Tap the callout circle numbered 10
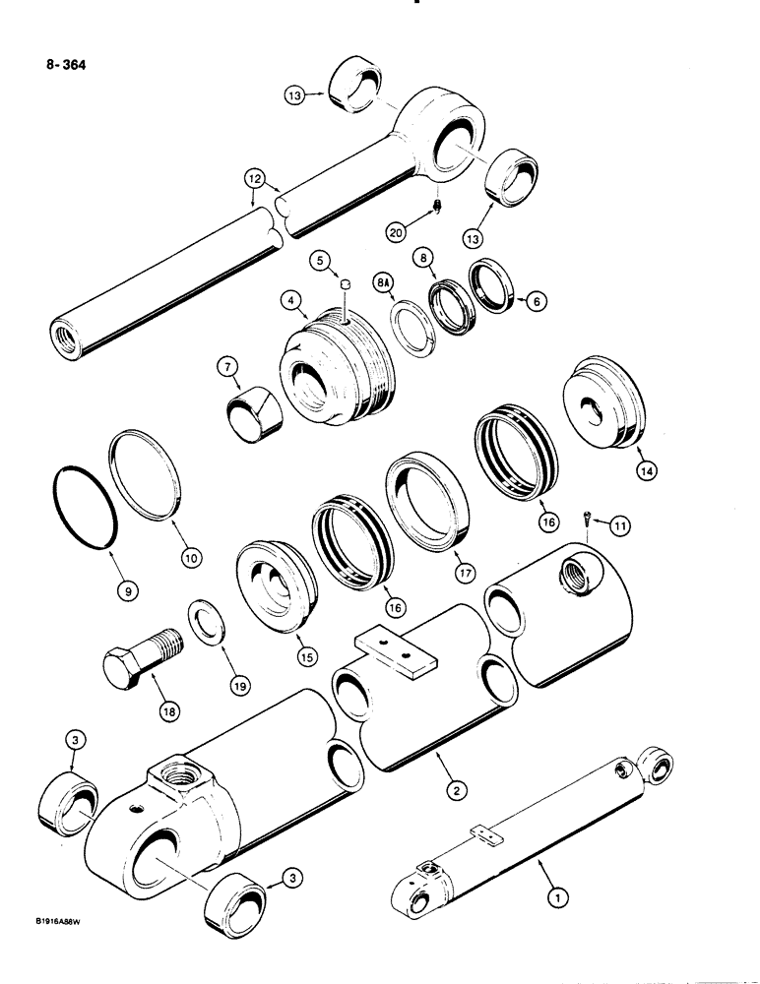pyautogui.click(x=191, y=555)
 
